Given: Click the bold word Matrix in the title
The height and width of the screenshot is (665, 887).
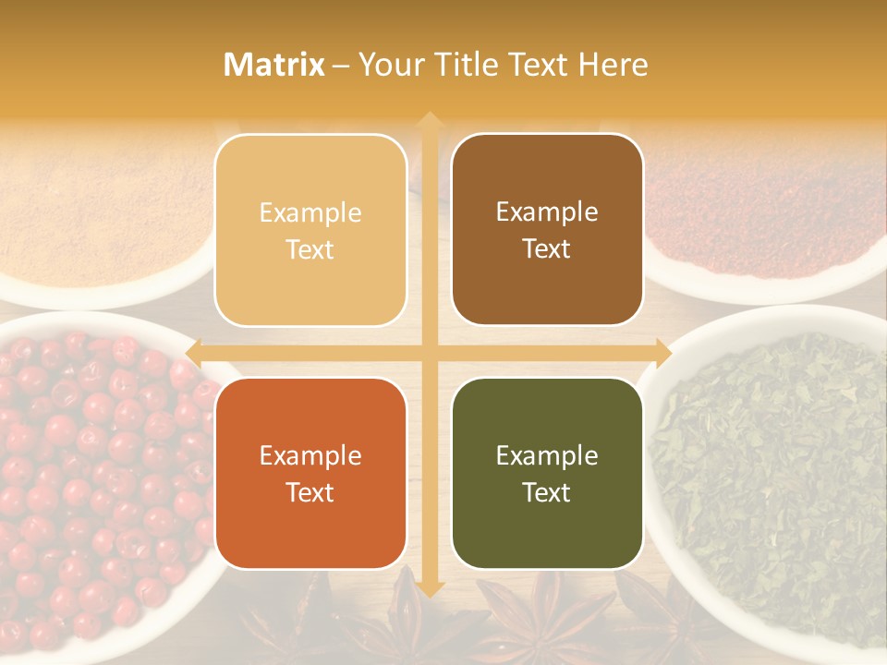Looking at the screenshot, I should (x=274, y=65).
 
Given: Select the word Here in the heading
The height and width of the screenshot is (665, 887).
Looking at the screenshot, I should (x=613, y=65).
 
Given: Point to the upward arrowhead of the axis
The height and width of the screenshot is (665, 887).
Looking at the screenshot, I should (x=429, y=120).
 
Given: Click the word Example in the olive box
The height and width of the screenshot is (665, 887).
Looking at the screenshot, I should (x=547, y=455).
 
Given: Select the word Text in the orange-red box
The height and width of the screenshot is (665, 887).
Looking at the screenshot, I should (x=310, y=492).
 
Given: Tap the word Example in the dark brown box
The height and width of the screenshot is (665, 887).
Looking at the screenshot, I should (x=547, y=212).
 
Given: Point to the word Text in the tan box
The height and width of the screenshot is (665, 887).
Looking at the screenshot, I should (x=310, y=250).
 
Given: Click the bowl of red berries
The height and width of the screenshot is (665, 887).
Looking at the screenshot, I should (x=92, y=480).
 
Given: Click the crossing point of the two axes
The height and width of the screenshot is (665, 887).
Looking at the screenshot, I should (x=429, y=353).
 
